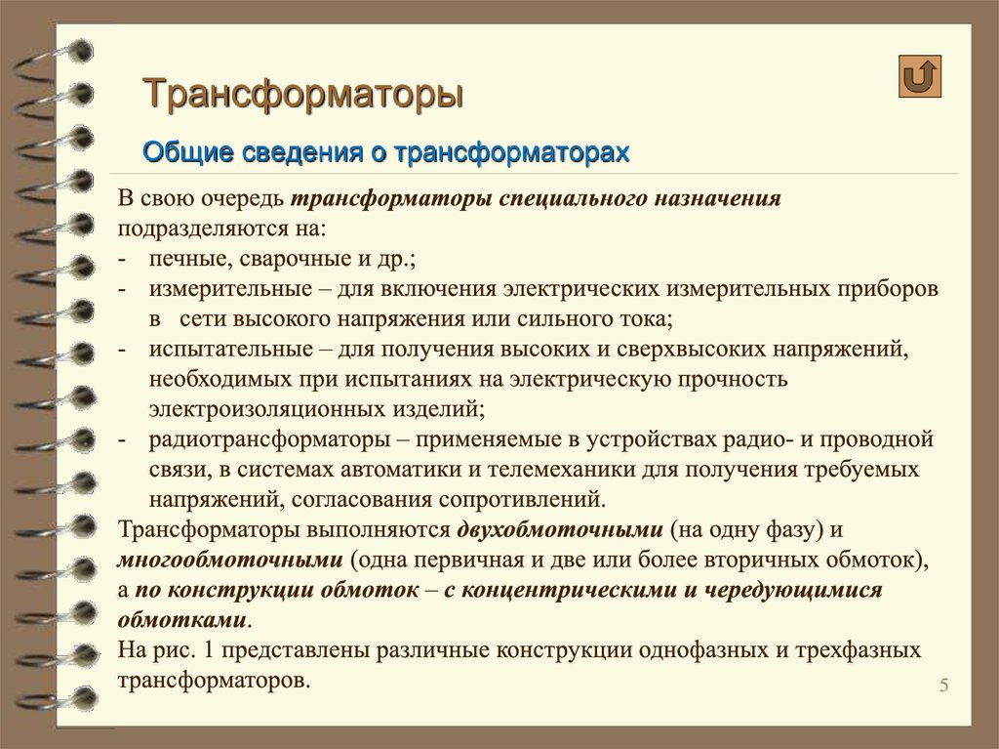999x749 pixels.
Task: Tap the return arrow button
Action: (920, 76)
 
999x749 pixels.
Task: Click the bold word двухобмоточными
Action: (558, 530)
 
